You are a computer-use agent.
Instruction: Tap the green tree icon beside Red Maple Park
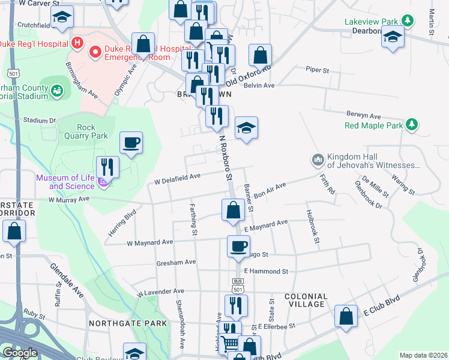point(411,125)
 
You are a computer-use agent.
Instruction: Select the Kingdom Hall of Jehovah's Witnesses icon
point(317,160)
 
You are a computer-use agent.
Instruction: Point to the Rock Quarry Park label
point(85,131)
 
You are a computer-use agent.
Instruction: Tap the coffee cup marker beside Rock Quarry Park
point(131,143)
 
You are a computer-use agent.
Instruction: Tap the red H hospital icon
point(76,43)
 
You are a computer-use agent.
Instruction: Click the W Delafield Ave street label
point(177,178)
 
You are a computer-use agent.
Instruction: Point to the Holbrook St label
point(313,226)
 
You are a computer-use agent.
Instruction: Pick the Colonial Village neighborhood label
point(306,301)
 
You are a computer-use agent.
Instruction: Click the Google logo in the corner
point(20,353)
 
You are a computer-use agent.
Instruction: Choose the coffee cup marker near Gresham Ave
point(239,246)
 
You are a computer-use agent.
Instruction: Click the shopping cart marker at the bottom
point(229,344)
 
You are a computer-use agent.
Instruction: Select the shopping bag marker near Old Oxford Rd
point(261,56)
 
